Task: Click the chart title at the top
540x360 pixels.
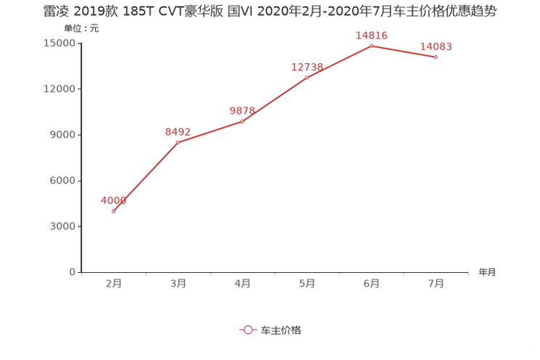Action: click(269, 12)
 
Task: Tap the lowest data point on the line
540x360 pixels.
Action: click(113, 211)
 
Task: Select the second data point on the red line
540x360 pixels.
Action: click(178, 142)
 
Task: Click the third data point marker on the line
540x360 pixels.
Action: click(242, 121)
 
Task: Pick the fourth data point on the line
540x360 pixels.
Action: click(307, 76)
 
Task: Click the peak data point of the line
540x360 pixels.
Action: click(372, 46)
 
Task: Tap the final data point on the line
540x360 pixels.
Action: click(436, 57)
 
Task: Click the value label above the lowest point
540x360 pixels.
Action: click(113, 200)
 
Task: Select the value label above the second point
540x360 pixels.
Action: click(178, 131)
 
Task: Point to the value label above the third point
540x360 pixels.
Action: click(242, 110)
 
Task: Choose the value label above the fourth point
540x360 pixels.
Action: click(307, 66)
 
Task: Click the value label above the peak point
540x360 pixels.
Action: click(372, 35)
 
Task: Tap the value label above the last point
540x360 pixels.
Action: click(436, 46)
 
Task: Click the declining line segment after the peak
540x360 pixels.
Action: click(404, 52)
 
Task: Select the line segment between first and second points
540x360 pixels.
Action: click(145, 177)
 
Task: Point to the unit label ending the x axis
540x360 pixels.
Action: click(487, 273)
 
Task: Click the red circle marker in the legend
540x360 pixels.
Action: click(247, 330)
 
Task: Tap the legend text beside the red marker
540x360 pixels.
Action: click(280, 330)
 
